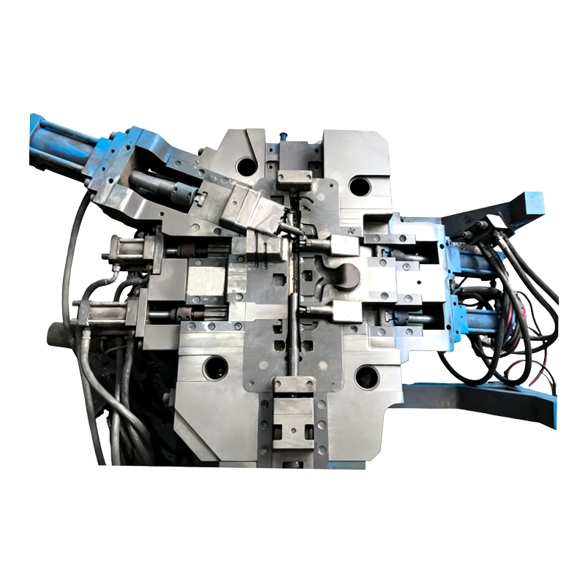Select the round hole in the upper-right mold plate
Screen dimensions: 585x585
click(360, 186)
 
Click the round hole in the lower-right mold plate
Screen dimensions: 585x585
click(366, 377)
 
